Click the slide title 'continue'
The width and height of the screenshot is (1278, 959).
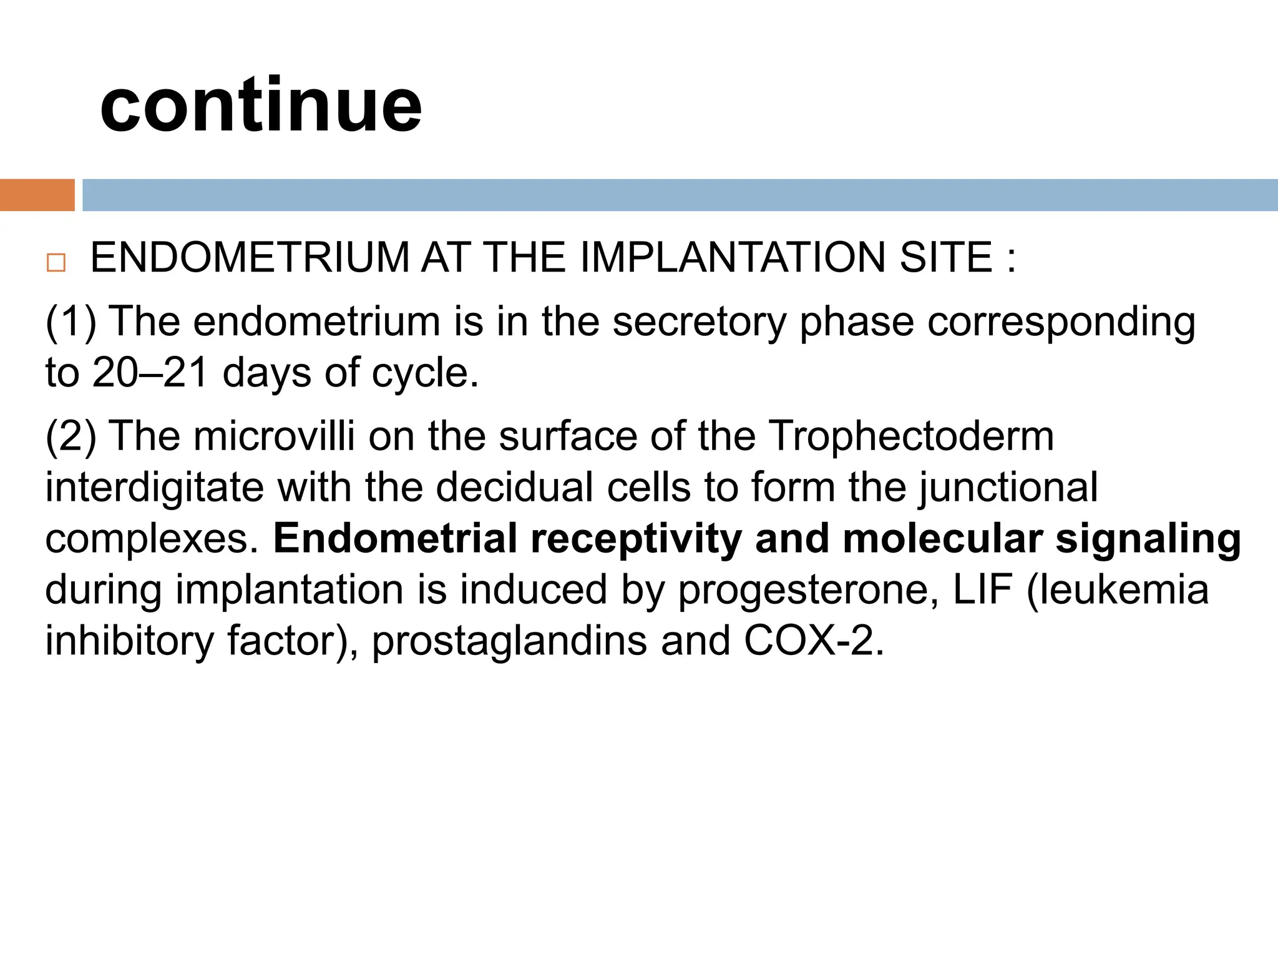click(x=261, y=105)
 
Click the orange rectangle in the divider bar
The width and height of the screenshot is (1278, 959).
click(x=37, y=195)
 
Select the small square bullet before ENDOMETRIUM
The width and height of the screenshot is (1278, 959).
click(x=56, y=263)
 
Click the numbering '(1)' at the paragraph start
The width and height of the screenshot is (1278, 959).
click(x=71, y=322)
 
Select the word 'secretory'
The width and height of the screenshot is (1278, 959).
click(x=699, y=322)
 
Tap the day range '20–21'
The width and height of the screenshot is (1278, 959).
click(x=150, y=373)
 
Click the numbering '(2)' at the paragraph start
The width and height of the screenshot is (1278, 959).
click(x=71, y=436)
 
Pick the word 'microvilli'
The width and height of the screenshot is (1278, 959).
click(x=274, y=436)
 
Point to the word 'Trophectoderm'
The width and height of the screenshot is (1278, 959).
click(x=910, y=436)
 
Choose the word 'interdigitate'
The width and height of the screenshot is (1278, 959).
click(x=154, y=488)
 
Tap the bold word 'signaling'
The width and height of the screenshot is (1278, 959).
click(x=1148, y=539)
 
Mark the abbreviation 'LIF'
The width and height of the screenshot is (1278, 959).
click(x=982, y=590)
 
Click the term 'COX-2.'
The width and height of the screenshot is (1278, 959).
click(x=814, y=641)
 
